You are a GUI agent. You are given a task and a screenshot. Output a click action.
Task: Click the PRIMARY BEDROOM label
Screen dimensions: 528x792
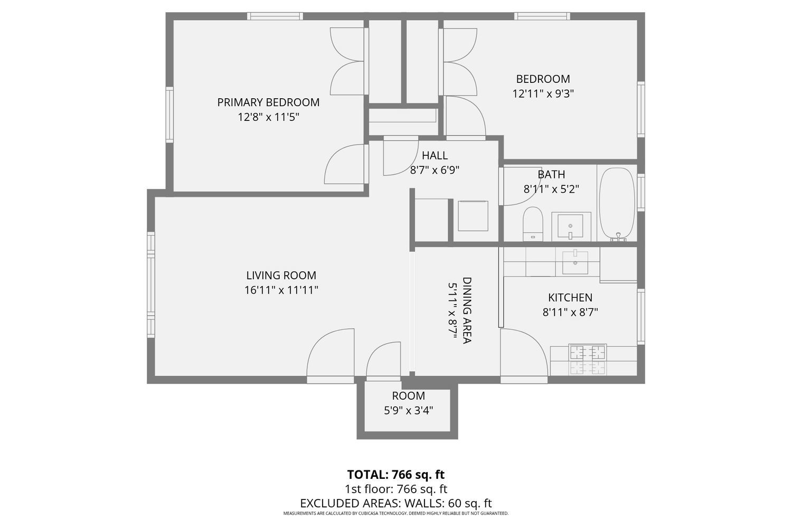268,102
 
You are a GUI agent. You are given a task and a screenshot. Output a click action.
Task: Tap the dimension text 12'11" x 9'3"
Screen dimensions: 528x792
543,94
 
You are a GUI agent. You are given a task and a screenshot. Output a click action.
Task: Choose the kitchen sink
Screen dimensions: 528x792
574,262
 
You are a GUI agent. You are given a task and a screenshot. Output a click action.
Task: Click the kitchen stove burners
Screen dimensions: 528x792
587,359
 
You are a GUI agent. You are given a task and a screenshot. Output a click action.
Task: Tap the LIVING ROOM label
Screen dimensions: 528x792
281,276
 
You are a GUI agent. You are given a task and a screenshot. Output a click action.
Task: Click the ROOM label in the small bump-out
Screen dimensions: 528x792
408,396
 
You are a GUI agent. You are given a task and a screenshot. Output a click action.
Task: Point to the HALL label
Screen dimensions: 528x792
435,155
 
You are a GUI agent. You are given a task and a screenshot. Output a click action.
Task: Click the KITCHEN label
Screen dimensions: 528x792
570,298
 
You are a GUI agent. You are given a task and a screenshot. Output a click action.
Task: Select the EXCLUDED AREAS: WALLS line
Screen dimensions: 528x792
396,503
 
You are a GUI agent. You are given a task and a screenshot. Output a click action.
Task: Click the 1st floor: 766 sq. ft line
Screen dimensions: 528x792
396,489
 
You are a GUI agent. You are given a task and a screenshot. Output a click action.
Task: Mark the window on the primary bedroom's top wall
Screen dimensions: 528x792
275,16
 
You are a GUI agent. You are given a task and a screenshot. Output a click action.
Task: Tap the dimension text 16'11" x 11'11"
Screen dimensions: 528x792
281,290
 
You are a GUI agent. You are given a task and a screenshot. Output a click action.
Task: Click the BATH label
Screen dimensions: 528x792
551,174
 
